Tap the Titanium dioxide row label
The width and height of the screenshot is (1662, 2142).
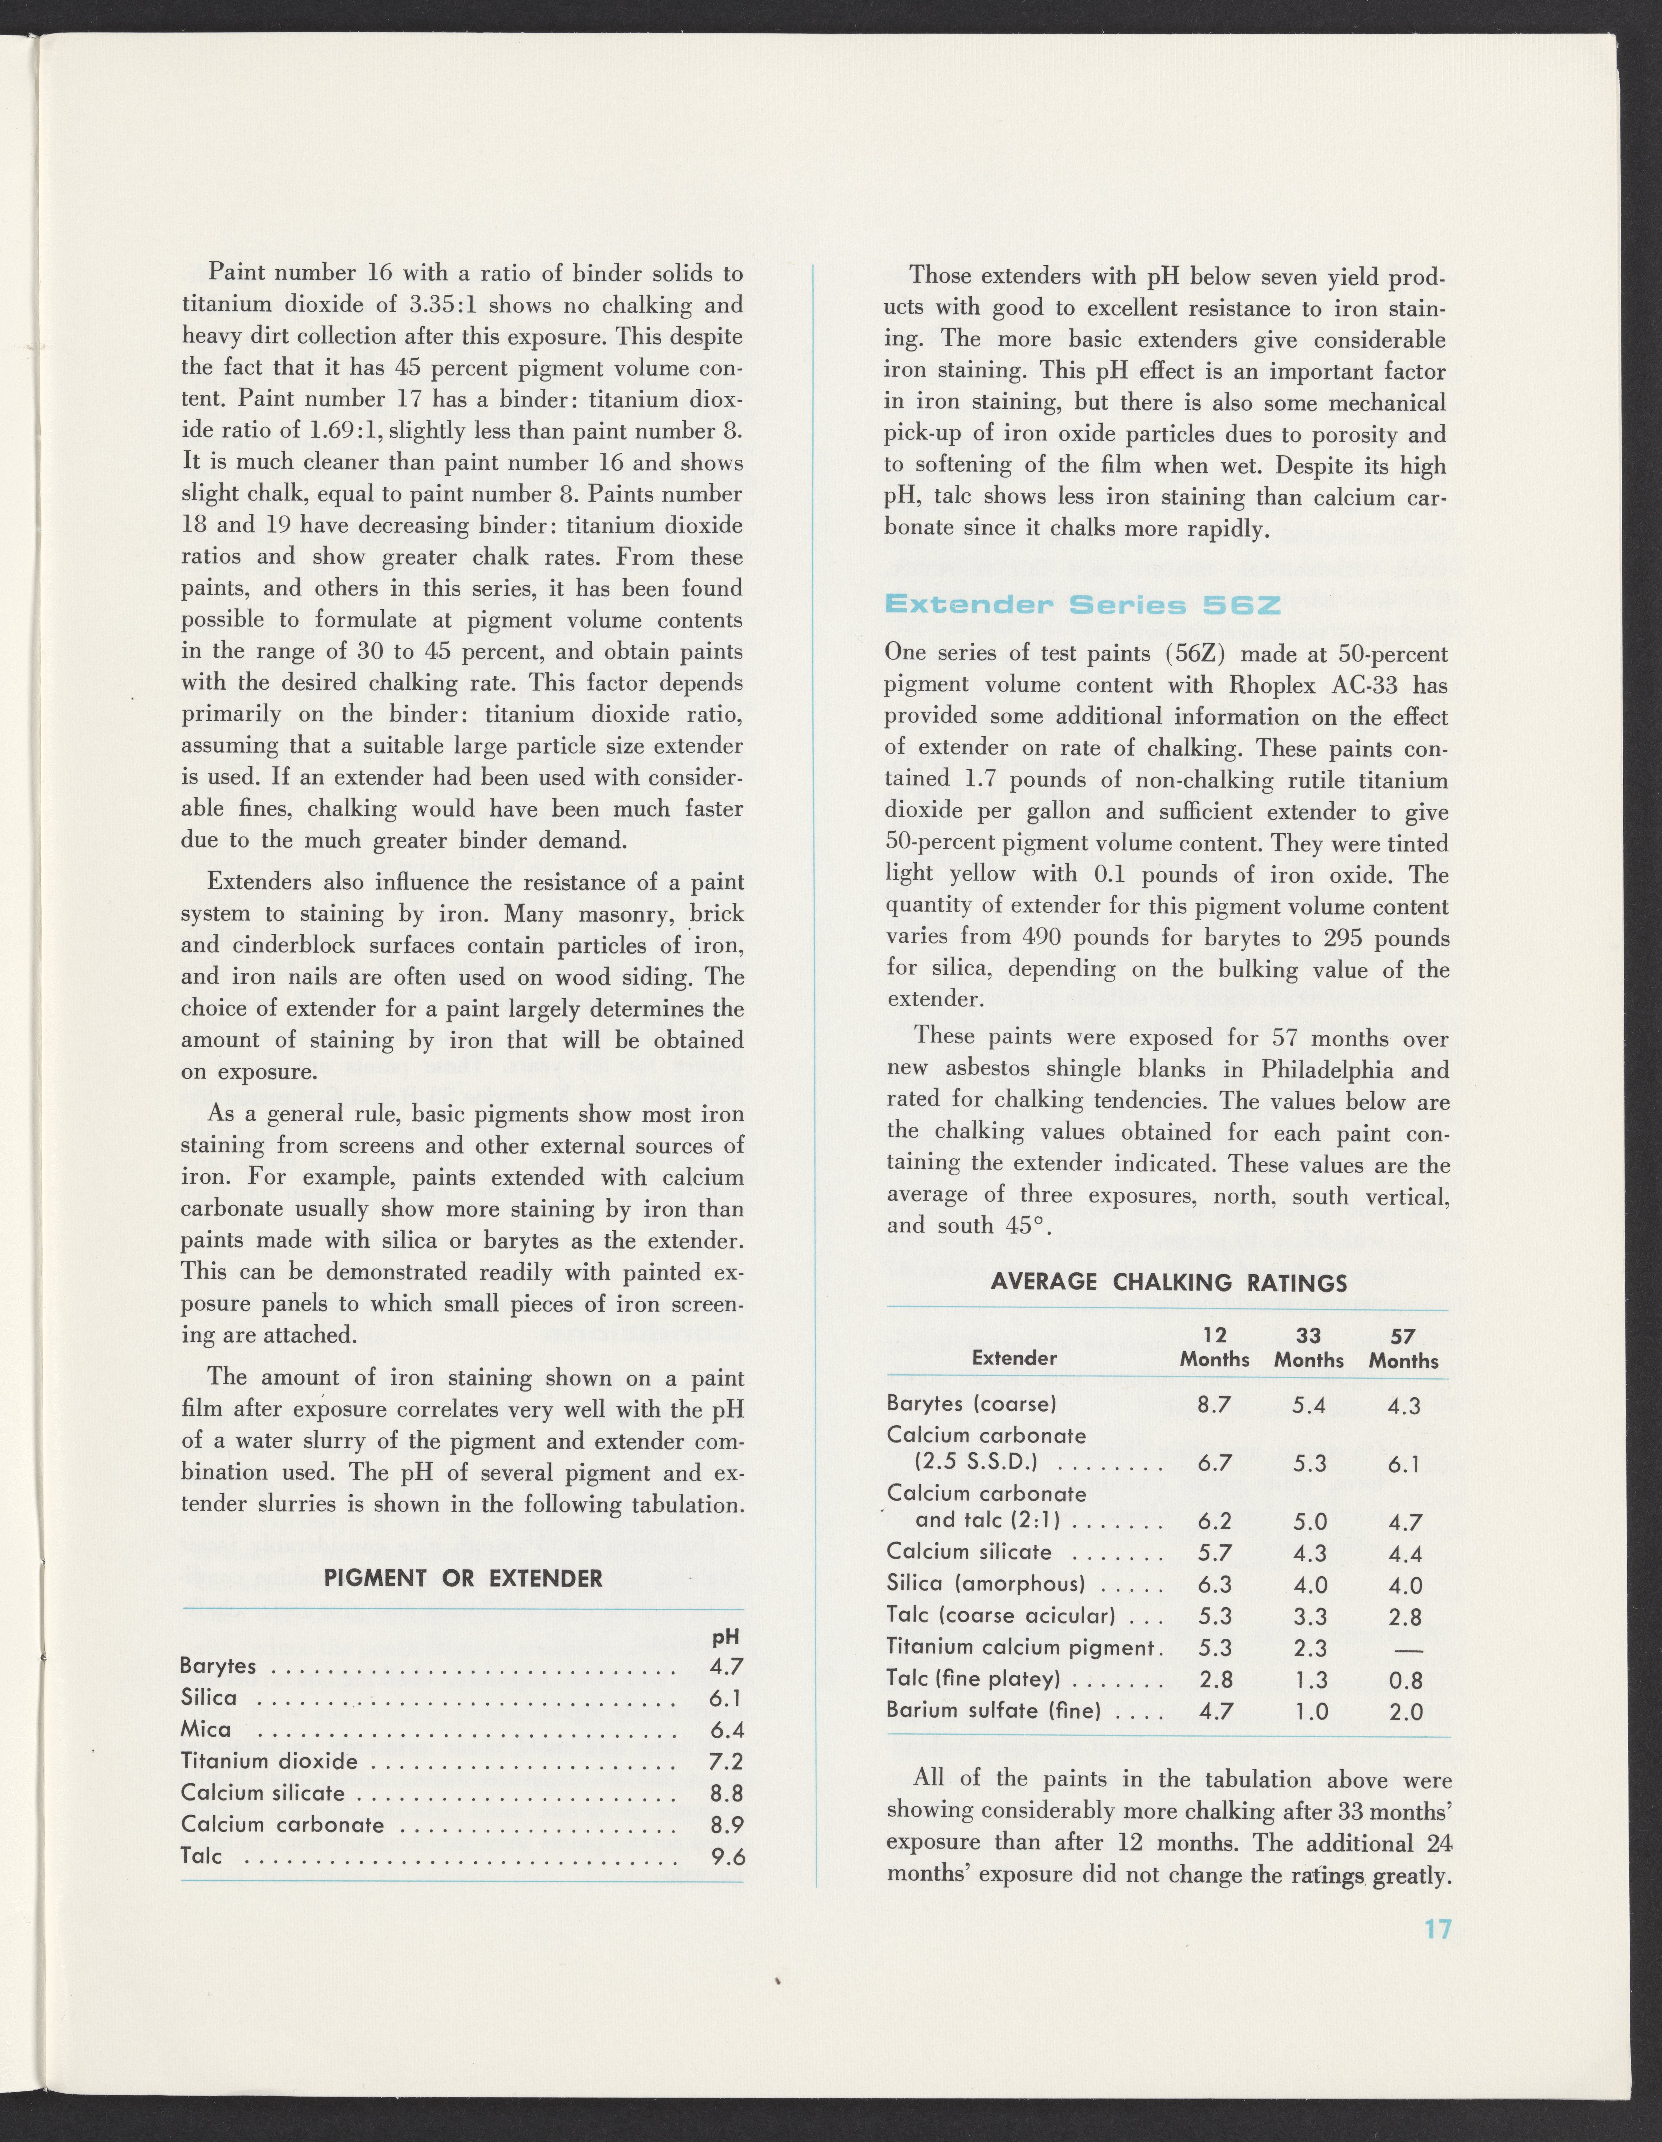pyautogui.click(x=270, y=1762)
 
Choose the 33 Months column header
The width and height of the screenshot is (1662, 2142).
pyautogui.click(x=1309, y=1348)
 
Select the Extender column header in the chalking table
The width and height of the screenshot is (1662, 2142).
pyautogui.click(x=1014, y=1358)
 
